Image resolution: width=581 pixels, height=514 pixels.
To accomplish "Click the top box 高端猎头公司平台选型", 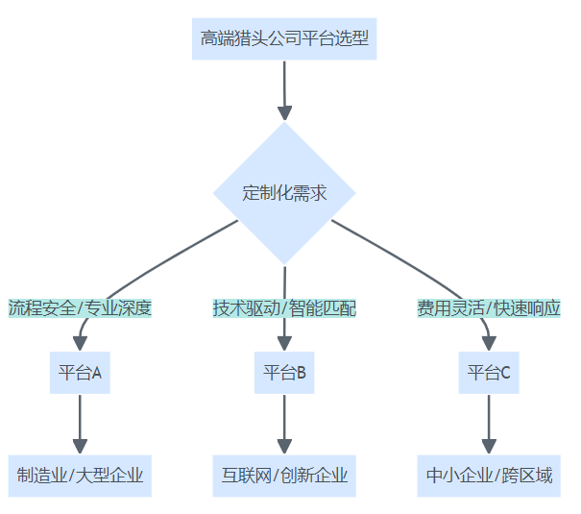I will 284,39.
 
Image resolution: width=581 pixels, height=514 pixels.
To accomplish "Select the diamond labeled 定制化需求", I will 284,193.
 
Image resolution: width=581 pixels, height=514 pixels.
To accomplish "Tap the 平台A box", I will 80,373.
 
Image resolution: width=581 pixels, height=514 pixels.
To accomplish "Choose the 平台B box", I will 284,373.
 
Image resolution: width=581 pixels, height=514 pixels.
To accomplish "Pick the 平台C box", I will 489,373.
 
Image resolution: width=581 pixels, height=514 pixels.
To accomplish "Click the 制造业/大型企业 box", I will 80,476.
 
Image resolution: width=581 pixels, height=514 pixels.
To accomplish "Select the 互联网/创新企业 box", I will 284,476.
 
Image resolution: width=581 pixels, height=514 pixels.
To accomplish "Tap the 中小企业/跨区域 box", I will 489,476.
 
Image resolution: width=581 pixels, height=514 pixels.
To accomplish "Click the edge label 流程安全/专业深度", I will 80,308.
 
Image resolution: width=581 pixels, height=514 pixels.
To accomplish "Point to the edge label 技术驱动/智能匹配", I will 284,308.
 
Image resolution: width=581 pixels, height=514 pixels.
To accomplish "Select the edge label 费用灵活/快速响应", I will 489,308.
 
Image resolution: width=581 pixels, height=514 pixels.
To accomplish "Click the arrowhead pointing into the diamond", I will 284,110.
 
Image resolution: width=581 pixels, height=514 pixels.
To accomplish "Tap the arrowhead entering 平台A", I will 80,343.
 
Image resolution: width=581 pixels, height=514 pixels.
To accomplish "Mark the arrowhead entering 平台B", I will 284,343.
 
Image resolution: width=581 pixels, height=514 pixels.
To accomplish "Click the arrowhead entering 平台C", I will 489,343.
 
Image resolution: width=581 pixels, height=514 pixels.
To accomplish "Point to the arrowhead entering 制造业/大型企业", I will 80,446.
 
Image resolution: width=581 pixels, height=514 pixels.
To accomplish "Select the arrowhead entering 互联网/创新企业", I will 284,446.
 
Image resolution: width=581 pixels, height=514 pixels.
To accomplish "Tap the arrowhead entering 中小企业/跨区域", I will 489,446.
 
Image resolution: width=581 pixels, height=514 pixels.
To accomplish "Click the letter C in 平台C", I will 505,373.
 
